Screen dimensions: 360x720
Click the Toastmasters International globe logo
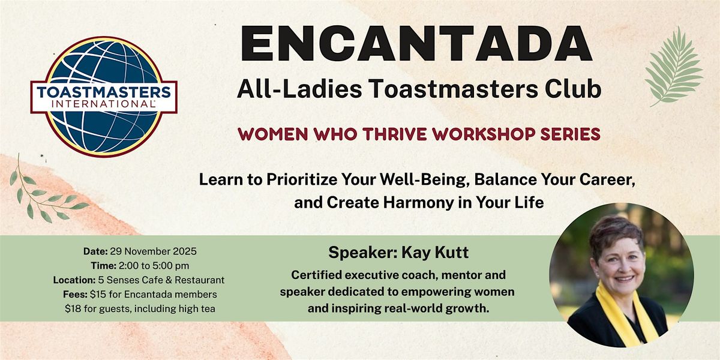click(x=104, y=96)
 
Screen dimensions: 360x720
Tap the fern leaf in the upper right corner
click(x=674, y=66)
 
